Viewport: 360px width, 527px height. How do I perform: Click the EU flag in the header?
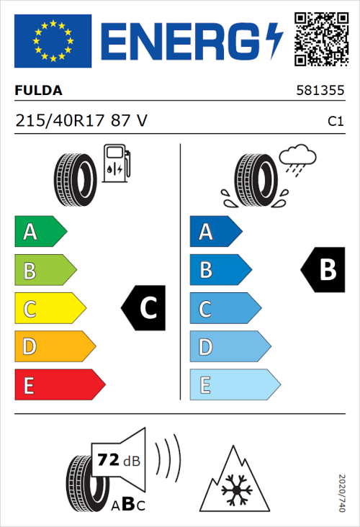point(53,40)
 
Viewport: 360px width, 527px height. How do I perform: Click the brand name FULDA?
point(38,91)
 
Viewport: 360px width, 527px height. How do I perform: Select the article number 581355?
point(320,91)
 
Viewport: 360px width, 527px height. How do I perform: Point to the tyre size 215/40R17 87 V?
point(81,121)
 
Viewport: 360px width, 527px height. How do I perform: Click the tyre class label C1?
point(335,122)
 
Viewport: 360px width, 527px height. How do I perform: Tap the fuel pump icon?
point(116,163)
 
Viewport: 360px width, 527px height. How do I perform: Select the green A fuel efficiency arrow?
point(40,232)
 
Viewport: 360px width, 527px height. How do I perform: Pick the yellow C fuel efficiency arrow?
point(49,309)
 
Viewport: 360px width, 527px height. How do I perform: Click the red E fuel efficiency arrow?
point(59,385)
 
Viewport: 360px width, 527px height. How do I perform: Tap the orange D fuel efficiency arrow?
point(54,347)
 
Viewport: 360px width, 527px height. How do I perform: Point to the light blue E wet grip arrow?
point(234,385)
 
